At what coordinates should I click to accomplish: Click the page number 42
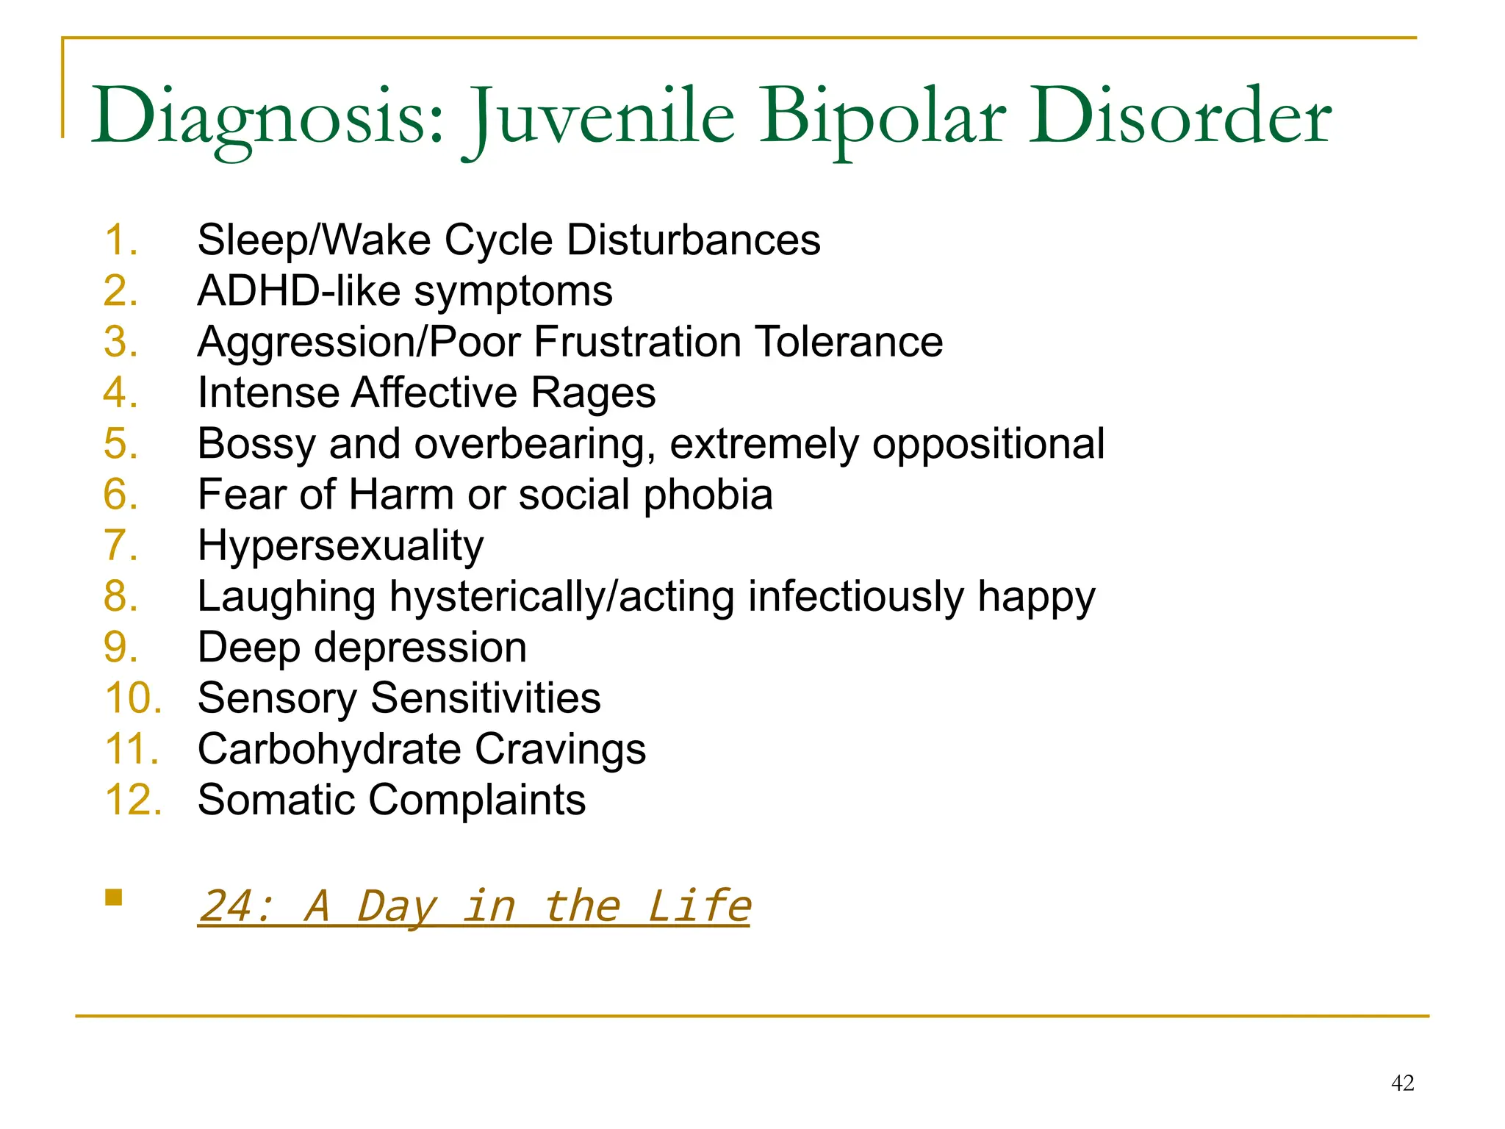(1402, 1083)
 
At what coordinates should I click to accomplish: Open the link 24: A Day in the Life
(474, 906)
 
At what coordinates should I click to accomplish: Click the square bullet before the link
(113, 897)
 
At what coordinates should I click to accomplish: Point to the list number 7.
(121, 545)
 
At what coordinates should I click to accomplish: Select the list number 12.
(132, 800)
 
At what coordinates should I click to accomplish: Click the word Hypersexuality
(340, 545)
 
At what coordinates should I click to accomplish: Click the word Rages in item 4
(592, 393)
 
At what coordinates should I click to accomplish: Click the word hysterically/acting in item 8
(561, 596)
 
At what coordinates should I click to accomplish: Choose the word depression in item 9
(412, 648)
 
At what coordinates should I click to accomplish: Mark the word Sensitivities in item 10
(485, 698)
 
